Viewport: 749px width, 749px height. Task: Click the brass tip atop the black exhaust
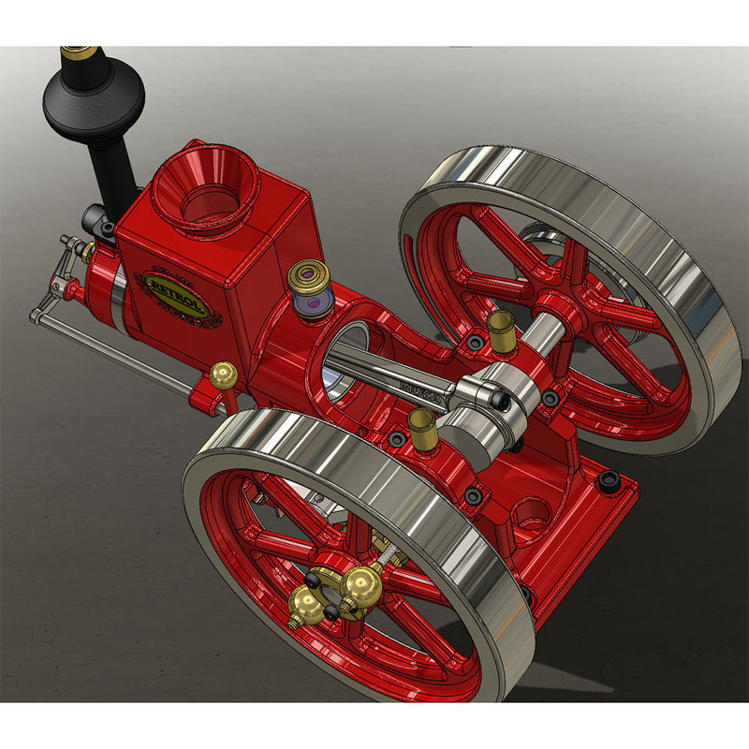point(80,51)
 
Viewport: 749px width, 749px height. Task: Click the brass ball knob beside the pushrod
point(223,375)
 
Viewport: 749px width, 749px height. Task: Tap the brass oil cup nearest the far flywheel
point(502,330)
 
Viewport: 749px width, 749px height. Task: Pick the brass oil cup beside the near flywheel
point(423,429)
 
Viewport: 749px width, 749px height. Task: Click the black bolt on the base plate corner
point(609,482)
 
